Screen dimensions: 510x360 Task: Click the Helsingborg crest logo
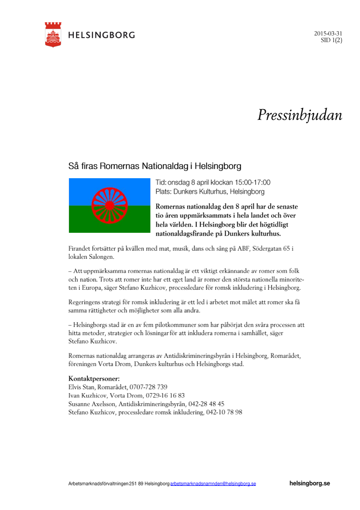click(x=53, y=34)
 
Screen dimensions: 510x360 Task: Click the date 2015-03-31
click(x=328, y=33)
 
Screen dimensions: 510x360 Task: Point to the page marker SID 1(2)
click(x=332, y=41)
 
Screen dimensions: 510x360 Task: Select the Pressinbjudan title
click(x=300, y=115)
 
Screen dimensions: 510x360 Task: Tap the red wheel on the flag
click(x=110, y=205)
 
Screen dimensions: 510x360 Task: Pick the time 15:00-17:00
click(x=252, y=183)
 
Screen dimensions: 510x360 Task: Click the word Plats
click(x=164, y=192)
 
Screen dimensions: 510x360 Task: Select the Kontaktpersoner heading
click(x=94, y=379)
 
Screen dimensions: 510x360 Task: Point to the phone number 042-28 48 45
click(x=205, y=404)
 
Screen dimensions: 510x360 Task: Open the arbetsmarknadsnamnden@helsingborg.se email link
click(x=213, y=483)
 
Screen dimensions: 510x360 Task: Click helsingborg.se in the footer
click(x=310, y=483)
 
